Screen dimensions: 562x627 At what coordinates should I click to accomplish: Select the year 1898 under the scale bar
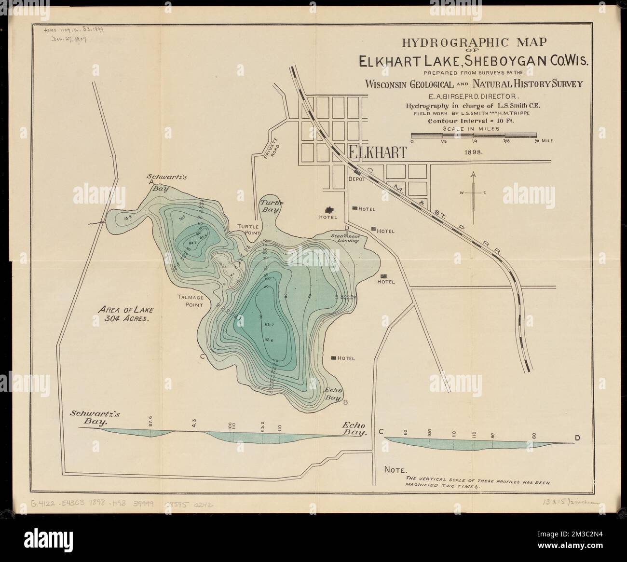point(474,151)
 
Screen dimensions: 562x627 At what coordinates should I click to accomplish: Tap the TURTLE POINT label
point(248,229)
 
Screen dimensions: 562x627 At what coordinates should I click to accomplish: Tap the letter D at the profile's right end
point(577,438)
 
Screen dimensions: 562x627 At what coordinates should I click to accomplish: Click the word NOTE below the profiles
point(396,469)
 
